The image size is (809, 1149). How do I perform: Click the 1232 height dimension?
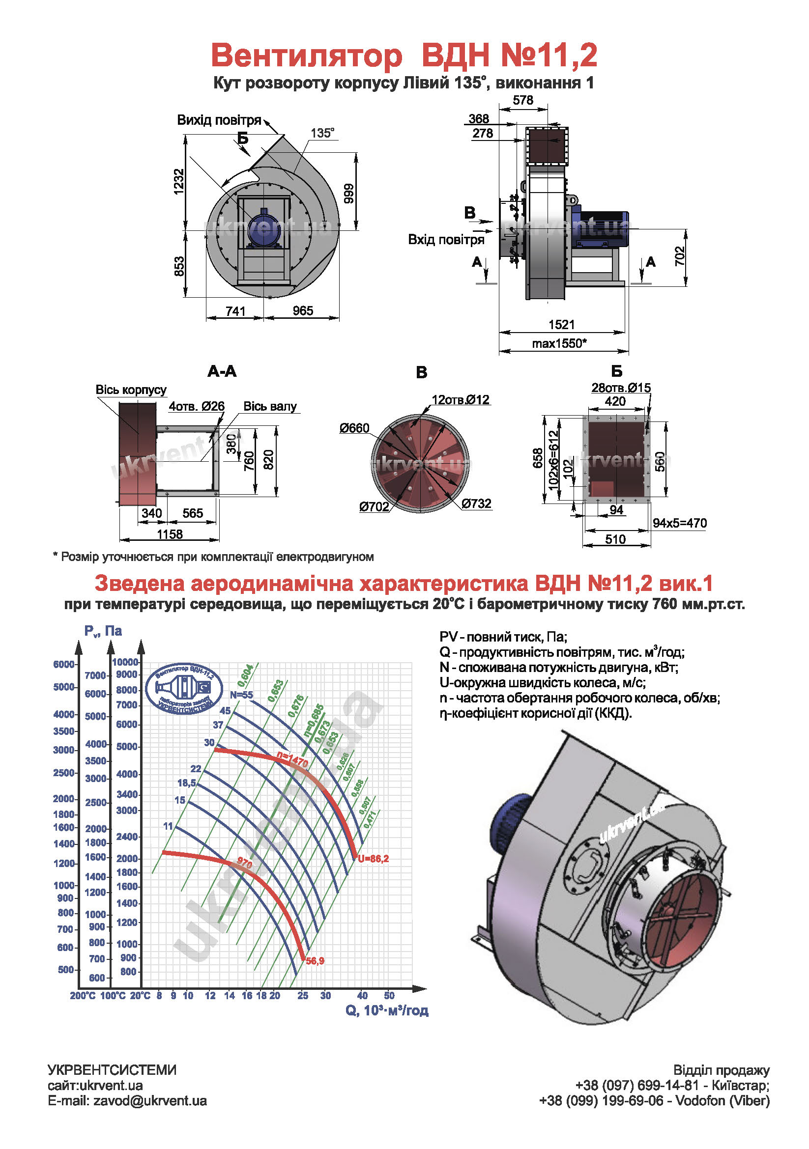coord(179,181)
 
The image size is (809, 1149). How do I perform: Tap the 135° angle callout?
coord(322,133)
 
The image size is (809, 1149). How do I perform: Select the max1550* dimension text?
coord(559,343)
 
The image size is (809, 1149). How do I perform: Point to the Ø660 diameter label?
coord(354,428)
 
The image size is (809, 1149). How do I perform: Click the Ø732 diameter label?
coord(476,504)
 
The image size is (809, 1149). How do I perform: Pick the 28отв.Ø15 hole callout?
coord(621,387)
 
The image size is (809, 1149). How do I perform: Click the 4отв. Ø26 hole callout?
coord(196,406)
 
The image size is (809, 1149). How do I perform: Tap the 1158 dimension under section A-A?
coord(170,534)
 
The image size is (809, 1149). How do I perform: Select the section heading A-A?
coord(222,371)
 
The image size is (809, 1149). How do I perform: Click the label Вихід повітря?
coord(219,120)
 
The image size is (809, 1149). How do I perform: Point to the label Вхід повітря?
coord(446,240)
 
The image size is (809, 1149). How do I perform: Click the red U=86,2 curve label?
coord(373,859)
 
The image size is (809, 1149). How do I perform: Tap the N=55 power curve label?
coord(241,695)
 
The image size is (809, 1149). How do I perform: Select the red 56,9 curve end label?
coord(315,961)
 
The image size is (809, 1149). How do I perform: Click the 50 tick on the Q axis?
coord(389,996)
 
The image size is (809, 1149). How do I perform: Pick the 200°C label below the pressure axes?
coord(83,996)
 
